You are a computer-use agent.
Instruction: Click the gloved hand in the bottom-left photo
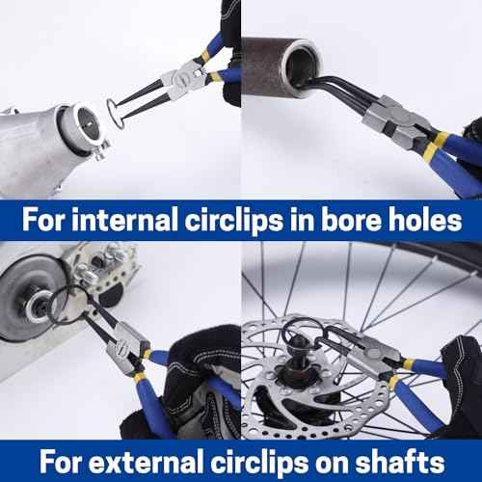coord(198,386)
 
